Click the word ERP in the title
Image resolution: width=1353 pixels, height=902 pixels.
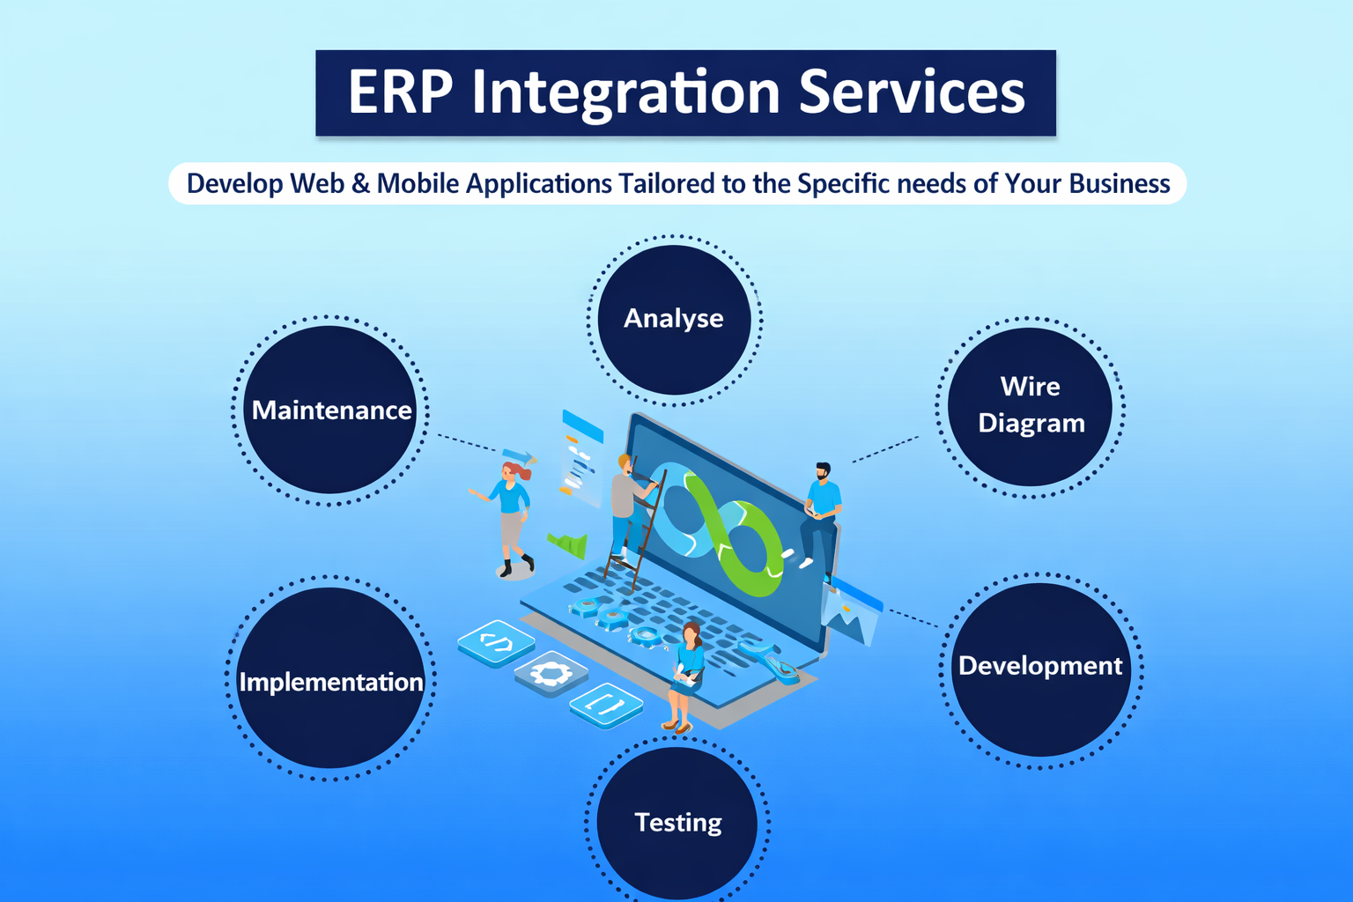point(400,92)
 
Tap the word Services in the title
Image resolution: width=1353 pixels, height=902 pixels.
point(912,92)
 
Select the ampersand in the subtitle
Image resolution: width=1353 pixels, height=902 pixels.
point(360,184)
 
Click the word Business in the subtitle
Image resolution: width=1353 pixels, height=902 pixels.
point(1119,184)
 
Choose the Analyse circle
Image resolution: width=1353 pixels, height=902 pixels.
point(674,319)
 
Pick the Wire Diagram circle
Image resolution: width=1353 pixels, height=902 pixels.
point(1030,406)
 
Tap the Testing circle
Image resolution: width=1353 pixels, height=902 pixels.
point(677,823)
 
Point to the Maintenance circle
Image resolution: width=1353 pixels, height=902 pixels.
point(330,410)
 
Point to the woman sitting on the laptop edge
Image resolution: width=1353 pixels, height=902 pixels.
point(686,674)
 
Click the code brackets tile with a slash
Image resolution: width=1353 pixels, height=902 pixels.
point(497,643)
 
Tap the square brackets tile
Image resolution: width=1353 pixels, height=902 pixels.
point(606,705)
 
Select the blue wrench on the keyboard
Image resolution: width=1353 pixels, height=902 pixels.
point(771,662)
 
